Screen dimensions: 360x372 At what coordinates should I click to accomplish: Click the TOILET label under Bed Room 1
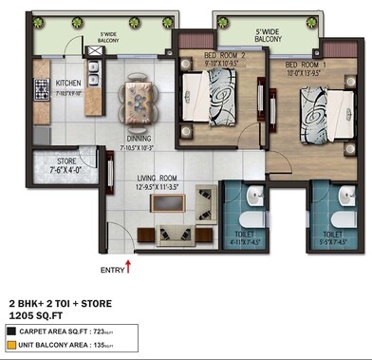click(332, 233)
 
